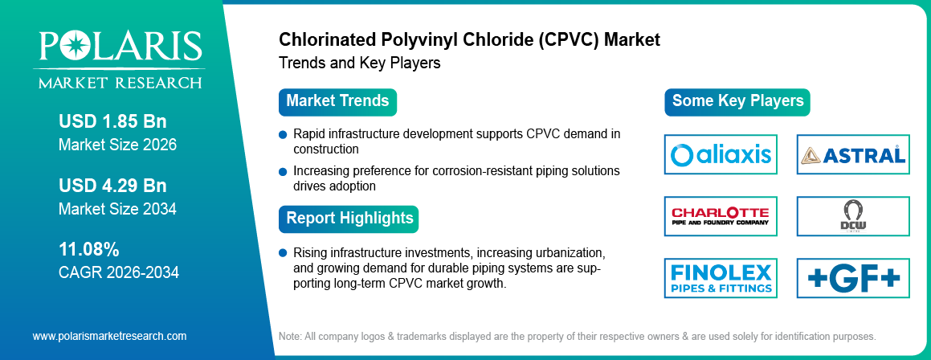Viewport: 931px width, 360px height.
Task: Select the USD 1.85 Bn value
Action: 112,121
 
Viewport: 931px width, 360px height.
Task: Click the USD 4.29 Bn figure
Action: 112,186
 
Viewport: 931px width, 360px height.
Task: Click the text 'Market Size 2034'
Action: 117,209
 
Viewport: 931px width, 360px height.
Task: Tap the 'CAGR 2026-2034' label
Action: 119,272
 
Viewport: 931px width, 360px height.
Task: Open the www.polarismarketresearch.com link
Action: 109,336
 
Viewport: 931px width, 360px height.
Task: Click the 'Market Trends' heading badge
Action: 337,101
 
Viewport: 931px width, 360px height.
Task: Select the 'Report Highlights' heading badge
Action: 349,218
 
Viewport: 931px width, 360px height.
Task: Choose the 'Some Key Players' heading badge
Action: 737,101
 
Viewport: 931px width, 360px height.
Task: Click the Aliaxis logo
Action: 721,154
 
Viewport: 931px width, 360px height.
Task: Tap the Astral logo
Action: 853,154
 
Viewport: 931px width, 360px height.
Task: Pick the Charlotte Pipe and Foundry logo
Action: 721,216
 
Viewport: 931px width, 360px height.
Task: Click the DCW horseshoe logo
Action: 853,216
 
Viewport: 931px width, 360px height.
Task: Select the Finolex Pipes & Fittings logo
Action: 721,278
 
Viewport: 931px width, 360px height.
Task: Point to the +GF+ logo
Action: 853,278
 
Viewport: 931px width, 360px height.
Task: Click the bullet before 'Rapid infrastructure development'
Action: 283,134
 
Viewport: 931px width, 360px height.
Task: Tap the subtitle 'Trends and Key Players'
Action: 359,63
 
